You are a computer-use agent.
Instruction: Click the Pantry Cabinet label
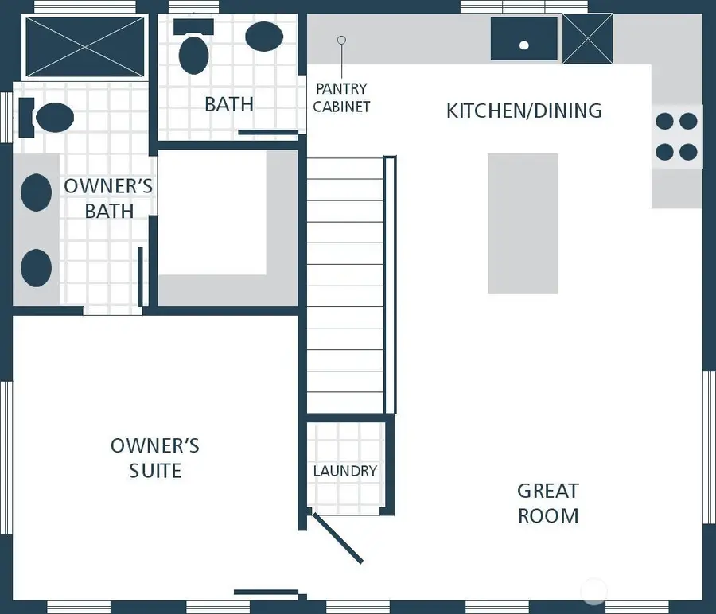[341, 97]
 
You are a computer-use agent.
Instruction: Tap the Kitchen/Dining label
[524, 111]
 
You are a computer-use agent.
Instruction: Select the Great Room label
[548, 503]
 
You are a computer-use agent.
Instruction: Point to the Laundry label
[345, 471]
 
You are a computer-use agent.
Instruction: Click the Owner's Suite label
[155, 458]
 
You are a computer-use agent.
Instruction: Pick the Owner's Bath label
[109, 199]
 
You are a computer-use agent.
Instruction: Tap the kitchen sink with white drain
[524, 39]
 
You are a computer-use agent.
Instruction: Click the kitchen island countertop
[523, 223]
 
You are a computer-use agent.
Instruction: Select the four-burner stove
[677, 137]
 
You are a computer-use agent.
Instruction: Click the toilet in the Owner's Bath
[46, 118]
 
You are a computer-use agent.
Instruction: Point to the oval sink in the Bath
[264, 37]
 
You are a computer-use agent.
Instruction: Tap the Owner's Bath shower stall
[85, 48]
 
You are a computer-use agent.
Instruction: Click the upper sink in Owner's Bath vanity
[36, 192]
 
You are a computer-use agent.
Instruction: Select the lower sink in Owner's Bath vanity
[36, 268]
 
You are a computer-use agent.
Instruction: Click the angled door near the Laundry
[337, 538]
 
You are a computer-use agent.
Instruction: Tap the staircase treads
[345, 286]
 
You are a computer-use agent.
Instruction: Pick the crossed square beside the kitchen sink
[588, 39]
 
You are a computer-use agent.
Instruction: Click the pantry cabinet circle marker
[341, 41]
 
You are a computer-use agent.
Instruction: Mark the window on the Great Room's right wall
[709, 447]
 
